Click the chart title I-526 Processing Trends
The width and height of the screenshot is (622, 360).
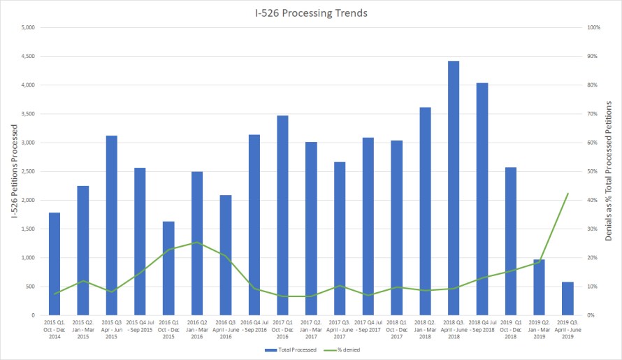coord(310,13)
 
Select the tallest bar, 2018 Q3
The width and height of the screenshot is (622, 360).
coord(454,189)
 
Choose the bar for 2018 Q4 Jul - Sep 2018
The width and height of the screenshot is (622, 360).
coord(482,199)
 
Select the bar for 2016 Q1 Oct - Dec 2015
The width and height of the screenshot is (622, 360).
coord(168,268)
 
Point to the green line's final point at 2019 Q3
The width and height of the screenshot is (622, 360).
coord(567,194)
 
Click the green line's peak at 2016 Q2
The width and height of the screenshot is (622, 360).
coord(197,243)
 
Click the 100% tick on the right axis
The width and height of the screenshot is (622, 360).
coord(594,28)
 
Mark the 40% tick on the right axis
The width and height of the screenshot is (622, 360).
coord(593,201)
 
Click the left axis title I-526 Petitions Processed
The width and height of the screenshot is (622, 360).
coord(13,171)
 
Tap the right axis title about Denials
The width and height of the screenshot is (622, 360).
coord(609,171)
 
